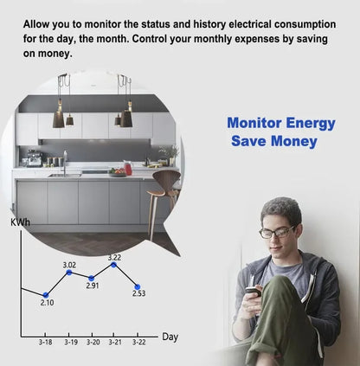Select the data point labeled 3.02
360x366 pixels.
click(x=69, y=272)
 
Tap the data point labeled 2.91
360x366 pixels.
click(x=92, y=278)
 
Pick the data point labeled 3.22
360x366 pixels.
click(x=114, y=264)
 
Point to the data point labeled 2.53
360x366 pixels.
click(x=138, y=286)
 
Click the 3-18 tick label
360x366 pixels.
click(x=45, y=343)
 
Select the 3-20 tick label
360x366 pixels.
click(x=92, y=343)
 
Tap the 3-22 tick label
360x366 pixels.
click(x=138, y=343)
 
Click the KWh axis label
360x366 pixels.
click(x=20, y=222)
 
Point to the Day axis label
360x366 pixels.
click(x=170, y=337)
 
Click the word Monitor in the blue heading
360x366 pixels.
click(x=253, y=124)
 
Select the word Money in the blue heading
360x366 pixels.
click(x=293, y=141)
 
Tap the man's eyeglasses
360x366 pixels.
click(x=278, y=232)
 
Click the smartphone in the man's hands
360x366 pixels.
click(x=252, y=292)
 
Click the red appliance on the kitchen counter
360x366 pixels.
click(x=128, y=167)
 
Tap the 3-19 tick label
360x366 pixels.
click(x=69, y=343)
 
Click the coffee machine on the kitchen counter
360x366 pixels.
click(x=34, y=159)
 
